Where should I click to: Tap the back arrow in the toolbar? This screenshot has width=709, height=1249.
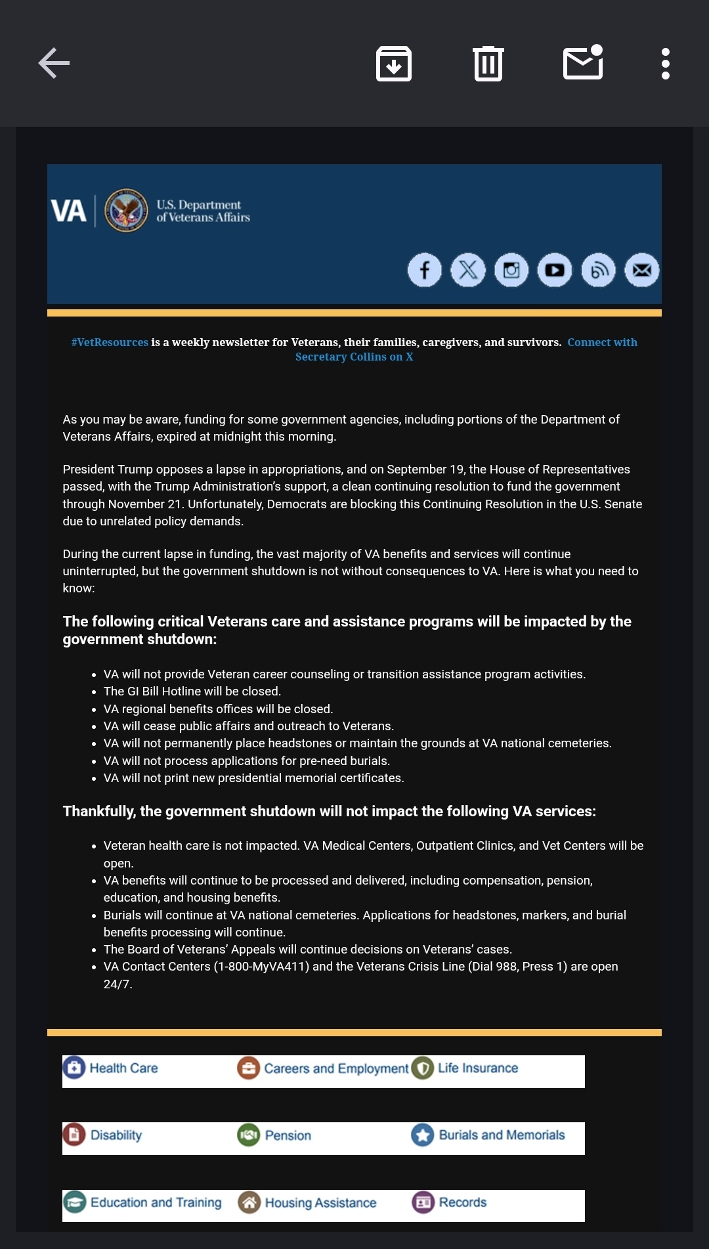click(x=54, y=63)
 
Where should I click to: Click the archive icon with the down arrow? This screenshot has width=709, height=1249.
click(x=394, y=64)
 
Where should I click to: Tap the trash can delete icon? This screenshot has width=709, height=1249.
click(x=488, y=64)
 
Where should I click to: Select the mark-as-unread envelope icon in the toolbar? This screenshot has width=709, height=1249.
click(x=583, y=63)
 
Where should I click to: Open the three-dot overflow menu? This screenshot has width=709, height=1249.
click(x=665, y=64)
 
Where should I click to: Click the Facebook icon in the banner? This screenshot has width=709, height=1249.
click(x=425, y=270)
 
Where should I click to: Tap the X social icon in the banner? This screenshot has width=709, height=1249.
click(x=468, y=270)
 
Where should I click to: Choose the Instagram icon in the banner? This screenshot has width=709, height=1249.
click(x=511, y=270)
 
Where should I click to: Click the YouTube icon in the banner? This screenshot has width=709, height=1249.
click(x=555, y=270)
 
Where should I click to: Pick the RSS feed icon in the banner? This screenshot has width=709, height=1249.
click(x=598, y=270)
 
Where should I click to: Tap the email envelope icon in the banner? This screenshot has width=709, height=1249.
click(x=641, y=270)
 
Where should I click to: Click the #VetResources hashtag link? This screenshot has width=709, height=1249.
click(x=110, y=342)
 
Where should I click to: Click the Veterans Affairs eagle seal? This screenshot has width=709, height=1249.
click(x=126, y=211)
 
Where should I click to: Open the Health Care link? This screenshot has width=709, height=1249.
click(x=123, y=1068)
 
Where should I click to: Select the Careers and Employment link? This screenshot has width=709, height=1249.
click(x=335, y=1068)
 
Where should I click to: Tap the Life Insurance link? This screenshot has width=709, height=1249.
click(x=477, y=1068)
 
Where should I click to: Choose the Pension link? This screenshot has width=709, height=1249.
click(x=288, y=1135)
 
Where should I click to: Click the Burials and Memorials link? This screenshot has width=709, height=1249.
click(x=501, y=1135)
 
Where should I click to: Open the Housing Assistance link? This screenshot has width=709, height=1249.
click(x=320, y=1203)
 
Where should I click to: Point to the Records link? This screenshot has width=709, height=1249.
click(x=462, y=1202)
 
